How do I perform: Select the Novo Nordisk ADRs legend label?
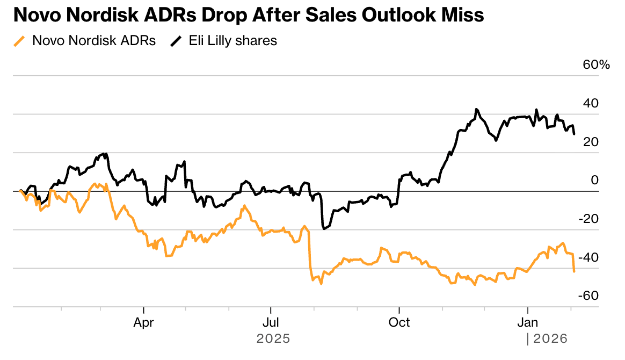pyautogui.click(x=94, y=41)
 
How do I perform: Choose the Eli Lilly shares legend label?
pyautogui.click(x=233, y=41)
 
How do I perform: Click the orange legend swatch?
pyautogui.click(x=19, y=41)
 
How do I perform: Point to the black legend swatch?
pyautogui.click(x=176, y=41)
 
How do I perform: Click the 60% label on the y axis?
pyautogui.click(x=597, y=65)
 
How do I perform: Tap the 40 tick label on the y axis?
pyautogui.click(x=591, y=104)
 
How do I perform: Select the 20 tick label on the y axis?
pyautogui.click(x=591, y=142)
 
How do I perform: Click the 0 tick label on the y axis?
pyautogui.click(x=594, y=181)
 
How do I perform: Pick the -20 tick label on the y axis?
pyautogui.click(x=589, y=219)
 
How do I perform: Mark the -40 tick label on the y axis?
pyautogui.click(x=589, y=258)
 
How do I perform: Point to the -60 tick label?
pyautogui.click(x=589, y=296)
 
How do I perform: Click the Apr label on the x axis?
pyautogui.click(x=144, y=322)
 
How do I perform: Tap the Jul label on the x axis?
pyautogui.click(x=271, y=322)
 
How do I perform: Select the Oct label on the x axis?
pyautogui.click(x=399, y=322)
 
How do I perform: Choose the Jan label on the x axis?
pyautogui.click(x=528, y=322)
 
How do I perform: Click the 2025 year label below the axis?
pyautogui.click(x=273, y=339)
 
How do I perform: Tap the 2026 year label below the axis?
pyautogui.click(x=550, y=339)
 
